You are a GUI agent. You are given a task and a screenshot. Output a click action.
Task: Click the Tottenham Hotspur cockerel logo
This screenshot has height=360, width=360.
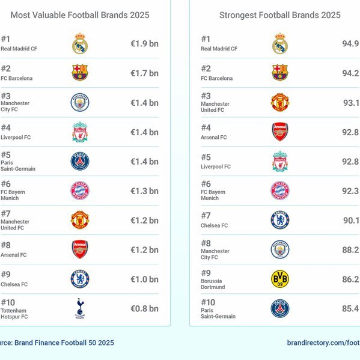(x=80, y=308)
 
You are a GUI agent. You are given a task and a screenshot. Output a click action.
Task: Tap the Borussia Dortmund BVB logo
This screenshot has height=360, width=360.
(x=280, y=279)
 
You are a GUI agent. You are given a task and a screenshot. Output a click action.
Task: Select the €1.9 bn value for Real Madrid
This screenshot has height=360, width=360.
(x=144, y=44)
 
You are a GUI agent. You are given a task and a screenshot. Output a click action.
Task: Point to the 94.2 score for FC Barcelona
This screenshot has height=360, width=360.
(x=350, y=73)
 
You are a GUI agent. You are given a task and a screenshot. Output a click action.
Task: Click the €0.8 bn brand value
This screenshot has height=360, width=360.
(x=144, y=308)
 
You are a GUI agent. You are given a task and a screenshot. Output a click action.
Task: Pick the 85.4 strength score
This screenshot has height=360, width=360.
(x=350, y=308)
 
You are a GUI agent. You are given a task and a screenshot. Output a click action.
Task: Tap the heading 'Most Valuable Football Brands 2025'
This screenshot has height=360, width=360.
(x=80, y=15)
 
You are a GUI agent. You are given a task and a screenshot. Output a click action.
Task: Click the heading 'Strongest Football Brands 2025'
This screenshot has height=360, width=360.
(x=280, y=15)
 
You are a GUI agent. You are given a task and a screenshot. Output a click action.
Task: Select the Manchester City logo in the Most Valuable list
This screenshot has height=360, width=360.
(x=80, y=102)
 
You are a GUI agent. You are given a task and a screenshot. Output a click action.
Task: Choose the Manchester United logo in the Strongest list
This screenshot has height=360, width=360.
(x=280, y=102)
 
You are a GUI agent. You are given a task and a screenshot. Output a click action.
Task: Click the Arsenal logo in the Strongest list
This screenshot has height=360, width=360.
(x=280, y=132)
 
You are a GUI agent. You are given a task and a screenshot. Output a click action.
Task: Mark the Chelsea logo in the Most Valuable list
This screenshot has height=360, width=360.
(x=80, y=279)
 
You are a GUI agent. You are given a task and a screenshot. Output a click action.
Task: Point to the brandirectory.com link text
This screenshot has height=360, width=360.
(x=323, y=343)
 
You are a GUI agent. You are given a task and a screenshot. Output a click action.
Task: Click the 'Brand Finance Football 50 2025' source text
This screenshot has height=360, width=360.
(x=64, y=343)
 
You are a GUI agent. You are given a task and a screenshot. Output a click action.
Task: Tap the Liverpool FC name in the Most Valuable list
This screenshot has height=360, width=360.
(x=16, y=137)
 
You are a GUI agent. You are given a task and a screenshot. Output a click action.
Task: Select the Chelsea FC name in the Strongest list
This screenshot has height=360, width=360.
(x=214, y=225)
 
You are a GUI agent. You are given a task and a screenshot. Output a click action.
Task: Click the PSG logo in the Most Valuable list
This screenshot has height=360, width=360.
(x=80, y=161)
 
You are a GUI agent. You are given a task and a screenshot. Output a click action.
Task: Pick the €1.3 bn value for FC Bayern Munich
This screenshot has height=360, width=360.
(x=144, y=191)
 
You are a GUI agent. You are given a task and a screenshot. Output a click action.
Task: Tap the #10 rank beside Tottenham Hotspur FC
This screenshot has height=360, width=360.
(x=8, y=302)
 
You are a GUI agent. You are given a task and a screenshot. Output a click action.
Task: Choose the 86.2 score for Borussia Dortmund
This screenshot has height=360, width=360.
(x=350, y=279)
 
